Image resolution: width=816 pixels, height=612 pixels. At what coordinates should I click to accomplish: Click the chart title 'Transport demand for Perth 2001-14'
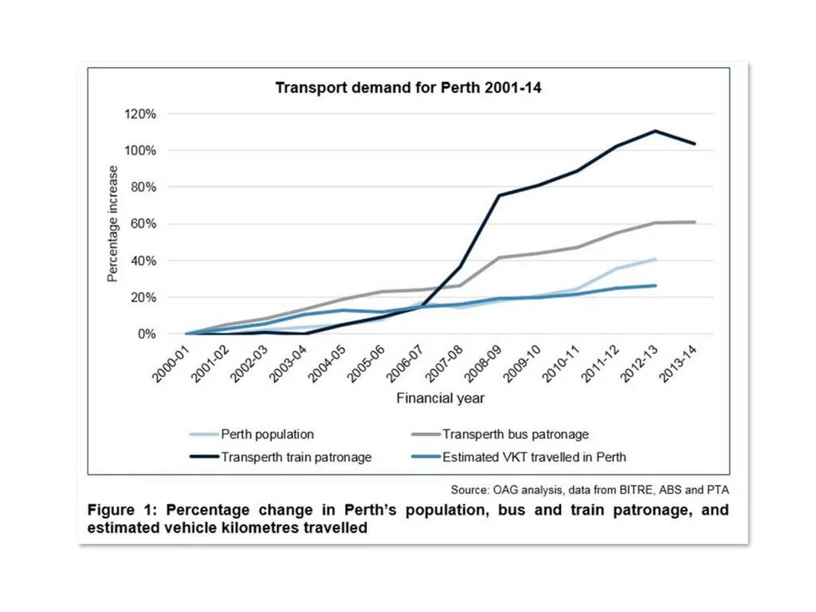click(408, 88)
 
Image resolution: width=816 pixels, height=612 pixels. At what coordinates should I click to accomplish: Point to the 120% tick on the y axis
click(140, 114)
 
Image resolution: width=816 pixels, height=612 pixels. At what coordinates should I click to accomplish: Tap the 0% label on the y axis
click(147, 334)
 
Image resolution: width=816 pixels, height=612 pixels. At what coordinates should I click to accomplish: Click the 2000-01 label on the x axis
click(171, 364)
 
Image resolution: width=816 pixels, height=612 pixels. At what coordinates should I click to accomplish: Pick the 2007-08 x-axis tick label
click(444, 364)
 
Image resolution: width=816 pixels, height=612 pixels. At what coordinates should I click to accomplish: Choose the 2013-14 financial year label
click(678, 364)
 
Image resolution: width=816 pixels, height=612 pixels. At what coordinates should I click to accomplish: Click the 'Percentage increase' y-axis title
click(112, 224)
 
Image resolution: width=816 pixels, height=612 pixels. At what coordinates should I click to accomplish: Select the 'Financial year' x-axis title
click(440, 398)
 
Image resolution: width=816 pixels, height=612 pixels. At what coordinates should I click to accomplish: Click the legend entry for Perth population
click(252, 434)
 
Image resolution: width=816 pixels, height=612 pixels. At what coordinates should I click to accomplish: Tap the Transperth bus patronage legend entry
click(500, 434)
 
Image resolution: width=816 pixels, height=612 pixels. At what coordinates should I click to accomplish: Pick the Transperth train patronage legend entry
click(281, 457)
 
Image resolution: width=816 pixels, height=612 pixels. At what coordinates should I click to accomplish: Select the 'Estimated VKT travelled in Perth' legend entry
click(519, 457)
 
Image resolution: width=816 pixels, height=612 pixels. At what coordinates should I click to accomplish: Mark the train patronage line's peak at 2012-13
click(656, 131)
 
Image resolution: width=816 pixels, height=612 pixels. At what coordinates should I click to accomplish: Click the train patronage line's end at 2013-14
click(695, 143)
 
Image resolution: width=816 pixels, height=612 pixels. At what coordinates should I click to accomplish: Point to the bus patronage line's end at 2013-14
click(695, 222)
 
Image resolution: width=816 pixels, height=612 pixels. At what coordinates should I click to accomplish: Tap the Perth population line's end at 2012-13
click(656, 259)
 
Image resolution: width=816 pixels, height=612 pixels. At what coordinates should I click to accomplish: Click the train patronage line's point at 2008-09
click(499, 196)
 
